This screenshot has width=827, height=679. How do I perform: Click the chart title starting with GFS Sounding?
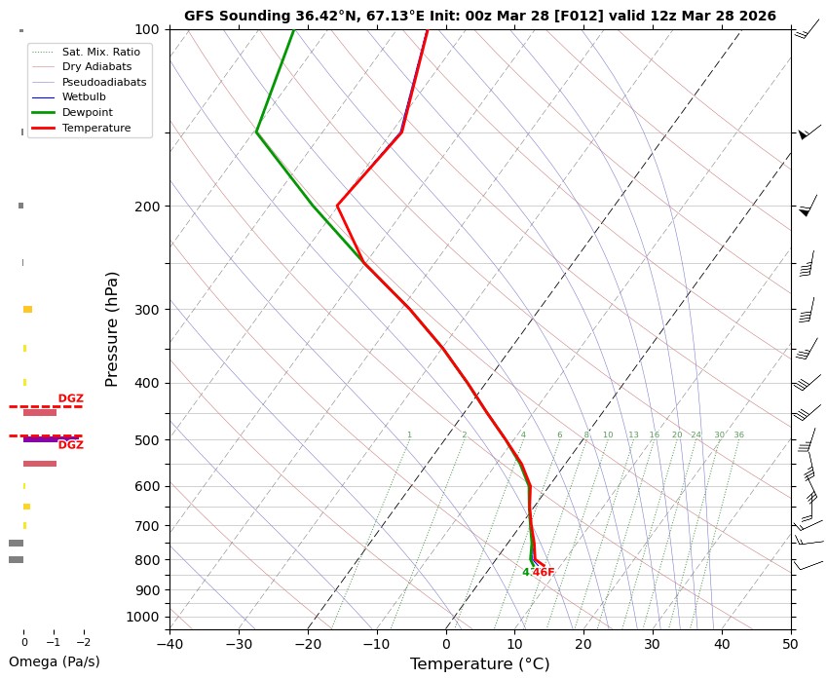pos(479,16)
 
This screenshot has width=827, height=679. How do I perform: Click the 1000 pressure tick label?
pos(144,617)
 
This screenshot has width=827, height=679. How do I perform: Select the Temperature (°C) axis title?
pos(479,664)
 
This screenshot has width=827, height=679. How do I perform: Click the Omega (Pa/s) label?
pos(54,661)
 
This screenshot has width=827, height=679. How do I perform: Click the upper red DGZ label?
pos(70,398)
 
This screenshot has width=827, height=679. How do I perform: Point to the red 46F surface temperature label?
pos(544,573)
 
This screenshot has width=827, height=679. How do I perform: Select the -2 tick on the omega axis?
pos(83,643)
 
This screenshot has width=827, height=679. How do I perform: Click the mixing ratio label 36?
pos(738,435)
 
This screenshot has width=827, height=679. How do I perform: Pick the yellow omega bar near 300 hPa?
pos(28,309)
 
